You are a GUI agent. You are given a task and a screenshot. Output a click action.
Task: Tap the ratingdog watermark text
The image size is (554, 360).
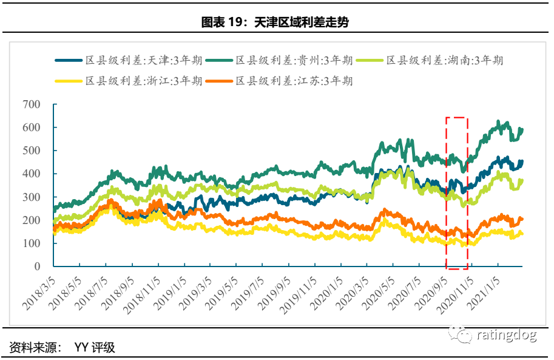(x=506, y=335)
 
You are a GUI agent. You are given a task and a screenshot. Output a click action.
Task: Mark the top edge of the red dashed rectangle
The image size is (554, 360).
(x=456, y=118)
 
